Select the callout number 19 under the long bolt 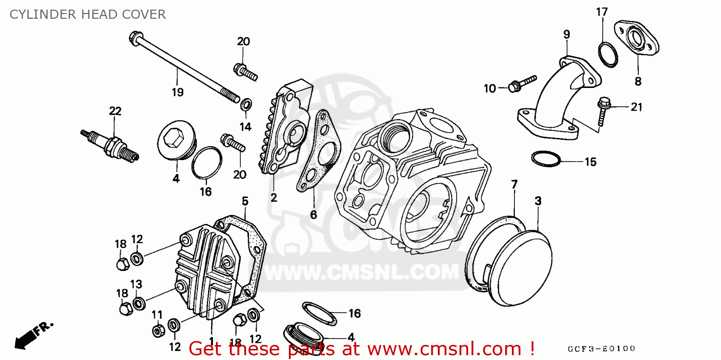coord(177,92)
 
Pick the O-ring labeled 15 coord(546,158)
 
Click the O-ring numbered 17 coord(607,55)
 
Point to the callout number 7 coord(514,184)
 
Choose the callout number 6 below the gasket coord(313,214)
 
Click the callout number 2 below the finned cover coord(273,197)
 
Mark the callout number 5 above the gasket coord(245,201)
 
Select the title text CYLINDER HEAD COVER coord(87,14)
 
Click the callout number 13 coord(137,284)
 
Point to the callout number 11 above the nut coord(157,315)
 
